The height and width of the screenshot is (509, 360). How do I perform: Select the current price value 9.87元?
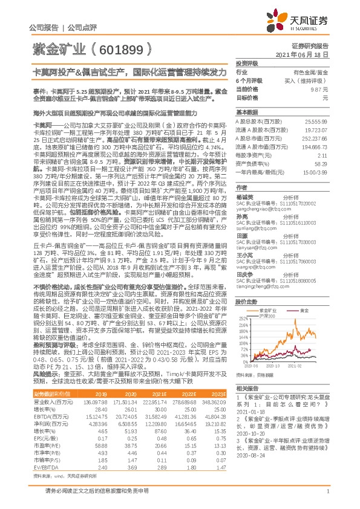click(319, 88)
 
